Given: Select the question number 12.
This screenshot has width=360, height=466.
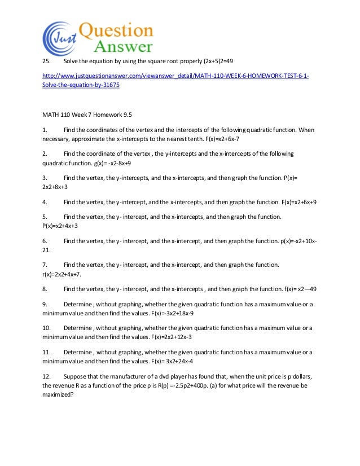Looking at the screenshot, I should pos(47,376).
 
